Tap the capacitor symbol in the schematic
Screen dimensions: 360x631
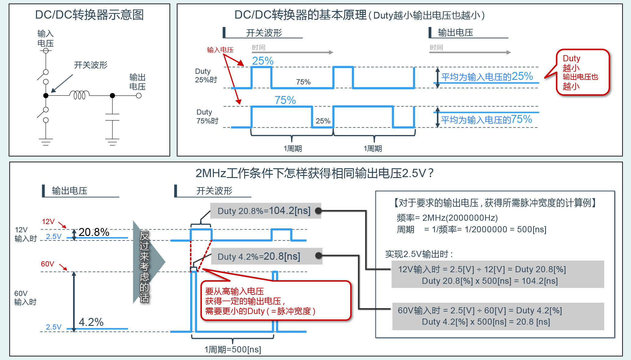click(x=112, y=117)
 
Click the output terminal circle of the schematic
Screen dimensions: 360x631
click(x=139, y=96)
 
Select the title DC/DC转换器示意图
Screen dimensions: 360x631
click(x=89, y=15)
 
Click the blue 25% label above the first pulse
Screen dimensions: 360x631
click(x=262, y=61)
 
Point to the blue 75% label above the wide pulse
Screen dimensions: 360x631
click(x=285, y=100)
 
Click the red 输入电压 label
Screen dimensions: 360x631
click(x=220, y=50)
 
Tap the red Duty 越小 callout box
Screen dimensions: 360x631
click(x=582, y=72)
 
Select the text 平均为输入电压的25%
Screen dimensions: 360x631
click(x=487, y=77)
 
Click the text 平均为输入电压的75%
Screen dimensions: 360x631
click(x=486, y=119)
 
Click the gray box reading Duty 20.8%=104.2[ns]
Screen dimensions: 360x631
click(x=265, y=211)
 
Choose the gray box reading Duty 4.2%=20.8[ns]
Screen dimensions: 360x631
click(x=259, y=256)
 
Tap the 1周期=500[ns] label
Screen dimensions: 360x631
click(x=233, y=349)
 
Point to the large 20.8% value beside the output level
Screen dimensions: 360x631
click(x=94, y=232)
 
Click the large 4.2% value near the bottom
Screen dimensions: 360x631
click(x=91, y=322)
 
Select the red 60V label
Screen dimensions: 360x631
click(x=48, y=264)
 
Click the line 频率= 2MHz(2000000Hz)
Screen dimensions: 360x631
click(x=447, y=218)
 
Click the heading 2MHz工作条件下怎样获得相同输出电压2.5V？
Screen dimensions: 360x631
click(x=314, y=173)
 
